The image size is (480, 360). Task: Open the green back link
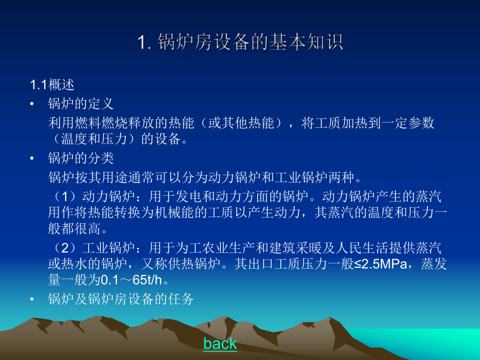[x=220, y=343]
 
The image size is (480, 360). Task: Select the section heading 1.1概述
[x=52, y=85]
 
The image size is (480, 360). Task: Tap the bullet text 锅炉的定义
[x=81, y=103]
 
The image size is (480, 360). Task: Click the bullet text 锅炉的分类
[x=81, y=158]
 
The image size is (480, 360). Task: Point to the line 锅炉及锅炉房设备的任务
[x=121, y=299]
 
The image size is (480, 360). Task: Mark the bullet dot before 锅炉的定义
[x=33, y=104]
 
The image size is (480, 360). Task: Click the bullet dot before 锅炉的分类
[x=33, y=158]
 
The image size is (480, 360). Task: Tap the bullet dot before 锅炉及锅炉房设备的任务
[x=33, y=299]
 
